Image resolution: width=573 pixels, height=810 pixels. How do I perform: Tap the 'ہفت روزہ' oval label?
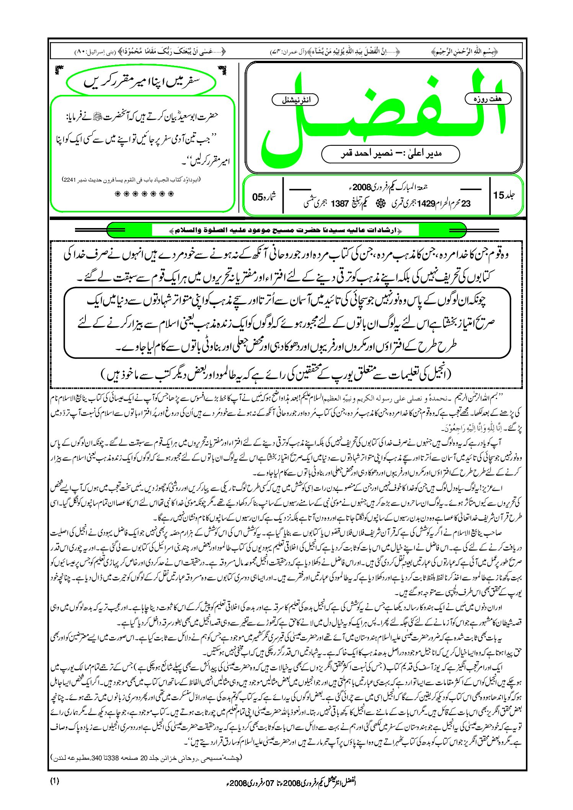pos(488,99)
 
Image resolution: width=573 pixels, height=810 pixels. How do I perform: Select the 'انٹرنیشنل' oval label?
pos(295,100)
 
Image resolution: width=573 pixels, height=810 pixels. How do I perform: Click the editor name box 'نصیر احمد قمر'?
pos(390,154)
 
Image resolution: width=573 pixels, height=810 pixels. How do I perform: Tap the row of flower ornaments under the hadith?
pos(144,194)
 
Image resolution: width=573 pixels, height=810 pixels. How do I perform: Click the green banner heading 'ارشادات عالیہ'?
pos(285,230)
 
